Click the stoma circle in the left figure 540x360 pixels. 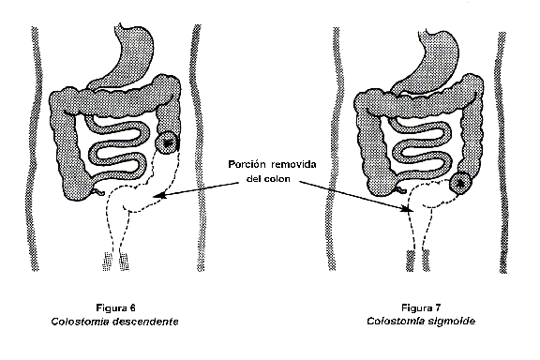[169, 144]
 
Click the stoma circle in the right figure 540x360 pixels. [460, 184]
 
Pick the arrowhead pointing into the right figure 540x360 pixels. [411, 212]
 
